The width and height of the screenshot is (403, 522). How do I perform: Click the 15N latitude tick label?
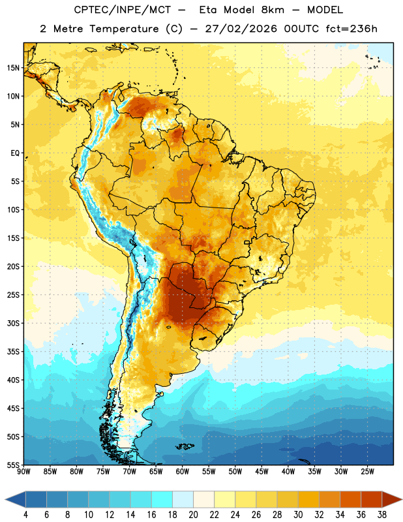coord(13,68)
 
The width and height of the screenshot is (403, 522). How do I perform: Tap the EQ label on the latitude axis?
coord(15,153)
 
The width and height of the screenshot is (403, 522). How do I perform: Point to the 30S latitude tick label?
coord(13,323)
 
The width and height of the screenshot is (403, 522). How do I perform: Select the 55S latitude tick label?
coord(13,465)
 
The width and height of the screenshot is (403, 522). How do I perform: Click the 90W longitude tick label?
coord(23,472)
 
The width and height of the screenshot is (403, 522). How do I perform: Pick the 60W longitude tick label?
coord(183,472)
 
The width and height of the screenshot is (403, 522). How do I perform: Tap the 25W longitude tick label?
coord(367,472)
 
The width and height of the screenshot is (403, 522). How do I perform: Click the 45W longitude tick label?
coord(261,472)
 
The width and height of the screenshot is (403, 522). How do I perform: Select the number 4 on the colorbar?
coord(25,515)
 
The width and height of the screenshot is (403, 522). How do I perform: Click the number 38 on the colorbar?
coord(382,515)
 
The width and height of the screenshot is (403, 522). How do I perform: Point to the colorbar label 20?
coord(193,515)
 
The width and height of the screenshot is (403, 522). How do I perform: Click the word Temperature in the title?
coord(124,29)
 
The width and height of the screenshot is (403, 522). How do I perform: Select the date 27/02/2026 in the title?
coord(241,29)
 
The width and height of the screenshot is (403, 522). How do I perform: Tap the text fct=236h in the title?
coord(351,29)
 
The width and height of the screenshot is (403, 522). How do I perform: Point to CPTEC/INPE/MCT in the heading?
coord(122,10)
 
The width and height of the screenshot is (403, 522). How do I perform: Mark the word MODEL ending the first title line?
coord(325,10)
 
